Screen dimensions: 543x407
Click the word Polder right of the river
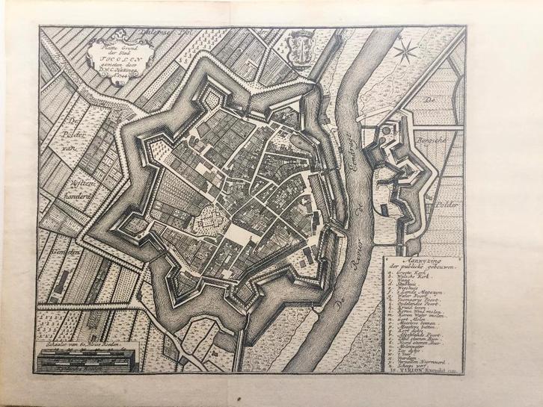(449, 202)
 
